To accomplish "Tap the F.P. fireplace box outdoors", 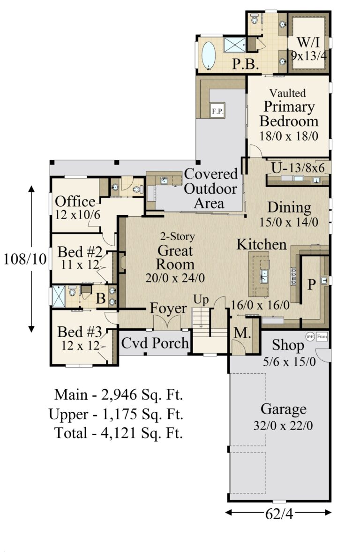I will pyautogui.click(x=217, y=111).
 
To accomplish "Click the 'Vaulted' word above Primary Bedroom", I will pyautogui.click(x=288, y=93).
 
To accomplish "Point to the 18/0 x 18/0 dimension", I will pyautogui.click(x=289, y=136).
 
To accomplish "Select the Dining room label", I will pyautogui.click(x=289, y=207).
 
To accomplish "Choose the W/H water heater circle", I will pyautogui.click(x=310, y=336).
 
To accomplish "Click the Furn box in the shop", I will pyautogui.click(x=322, y=336).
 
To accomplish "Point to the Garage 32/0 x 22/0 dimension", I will pyautogui.click(x=283, y=426).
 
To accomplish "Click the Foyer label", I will pyautogui.click(x=168, y=309).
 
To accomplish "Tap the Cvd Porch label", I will pyautogui.click(x=155, y=343).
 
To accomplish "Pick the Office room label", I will pyautogui.click(x=75, y=202).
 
